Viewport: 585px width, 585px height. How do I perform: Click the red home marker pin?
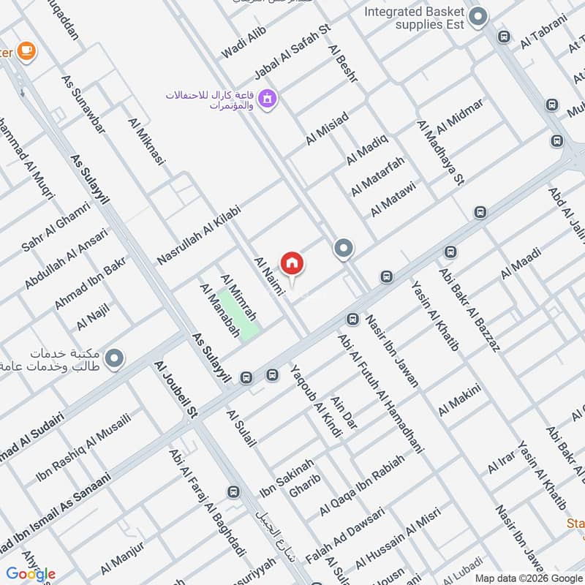(292, 263)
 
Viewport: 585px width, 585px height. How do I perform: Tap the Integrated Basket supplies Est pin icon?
(478, 17)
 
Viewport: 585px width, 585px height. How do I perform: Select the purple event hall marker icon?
(268, 97)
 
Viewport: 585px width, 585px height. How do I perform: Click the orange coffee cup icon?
(28, 50)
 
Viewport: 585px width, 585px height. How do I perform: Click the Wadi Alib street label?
(245, 41)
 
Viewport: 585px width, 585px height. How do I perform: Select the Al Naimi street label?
(268, 273)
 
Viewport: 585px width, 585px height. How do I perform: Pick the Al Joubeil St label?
(176, 389)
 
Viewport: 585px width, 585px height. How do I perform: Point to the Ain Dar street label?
(343, 412)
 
